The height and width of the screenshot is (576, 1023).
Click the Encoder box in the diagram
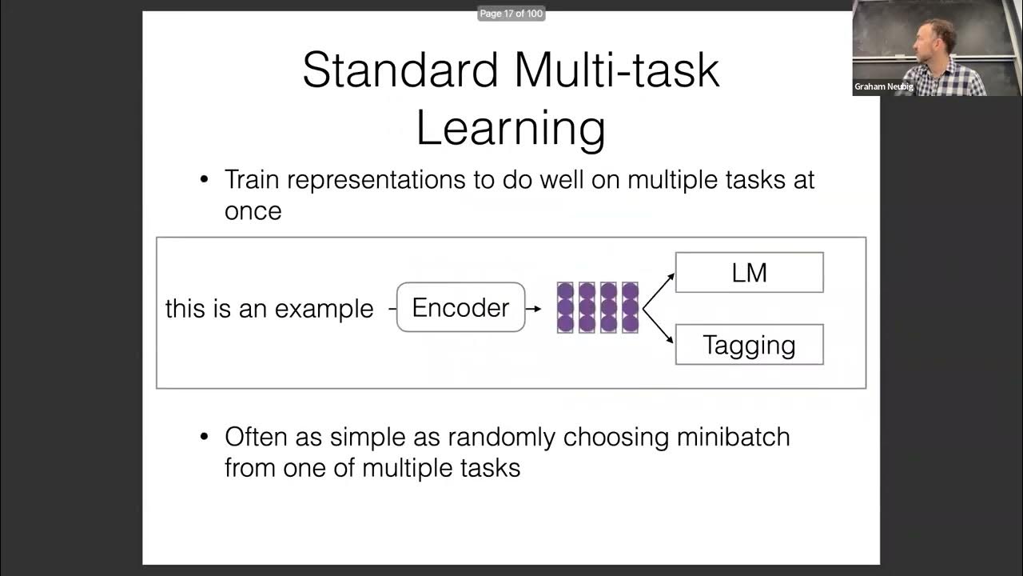click(460, 308)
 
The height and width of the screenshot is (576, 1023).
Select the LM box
click(749, 273)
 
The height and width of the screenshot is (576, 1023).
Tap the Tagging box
click(749, 345)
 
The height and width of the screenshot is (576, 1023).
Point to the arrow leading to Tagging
click(660, 326)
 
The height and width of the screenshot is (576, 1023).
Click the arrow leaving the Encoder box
click(534, 308)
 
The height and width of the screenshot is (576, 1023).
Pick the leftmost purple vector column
click(565, 307)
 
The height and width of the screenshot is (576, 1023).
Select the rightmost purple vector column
click(630, 307)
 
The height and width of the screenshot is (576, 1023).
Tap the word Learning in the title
click(511, 128)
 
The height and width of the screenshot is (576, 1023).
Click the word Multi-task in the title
click(617, 70)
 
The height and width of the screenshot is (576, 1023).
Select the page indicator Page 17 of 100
click(511, 14)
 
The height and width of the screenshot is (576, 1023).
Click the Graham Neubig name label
click(883, 86)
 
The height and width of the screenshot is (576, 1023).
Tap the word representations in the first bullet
click(376, 179)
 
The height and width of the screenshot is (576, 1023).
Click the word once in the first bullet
click(253, 211)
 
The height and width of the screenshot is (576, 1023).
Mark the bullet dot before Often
click(205, 437)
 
